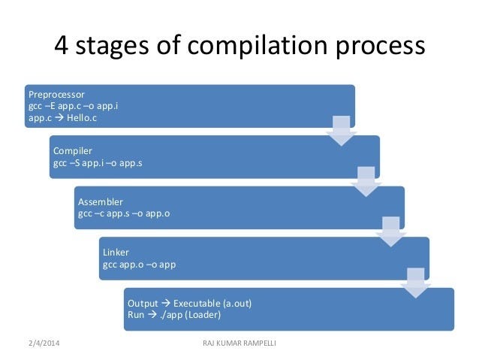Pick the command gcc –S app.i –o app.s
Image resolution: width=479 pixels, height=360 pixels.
point(98,162)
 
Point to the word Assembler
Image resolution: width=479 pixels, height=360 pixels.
point(100,202)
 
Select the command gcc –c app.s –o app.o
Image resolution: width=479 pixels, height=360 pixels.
point(124,213)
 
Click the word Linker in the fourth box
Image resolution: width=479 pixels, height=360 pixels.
point(116,253)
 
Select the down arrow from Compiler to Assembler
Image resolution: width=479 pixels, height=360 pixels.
point(365,181)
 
